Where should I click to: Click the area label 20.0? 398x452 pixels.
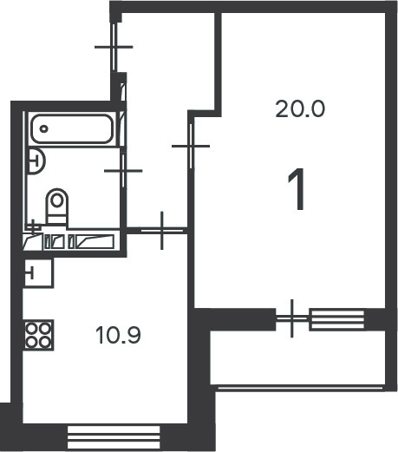300,108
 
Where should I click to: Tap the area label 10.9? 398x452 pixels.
119,335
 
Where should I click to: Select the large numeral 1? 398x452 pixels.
297,189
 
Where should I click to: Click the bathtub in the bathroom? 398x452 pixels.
71,128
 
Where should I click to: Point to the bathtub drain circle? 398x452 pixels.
44,129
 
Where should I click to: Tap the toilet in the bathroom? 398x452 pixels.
57,206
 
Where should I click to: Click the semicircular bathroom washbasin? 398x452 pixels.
36,161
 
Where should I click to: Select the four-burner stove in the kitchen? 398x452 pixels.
38,336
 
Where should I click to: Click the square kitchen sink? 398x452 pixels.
38,272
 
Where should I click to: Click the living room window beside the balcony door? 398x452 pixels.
336,319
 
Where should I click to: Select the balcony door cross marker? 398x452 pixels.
292,318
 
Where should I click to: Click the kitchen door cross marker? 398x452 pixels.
162,231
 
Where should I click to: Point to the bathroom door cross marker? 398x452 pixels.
123,171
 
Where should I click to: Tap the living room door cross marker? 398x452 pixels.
191,146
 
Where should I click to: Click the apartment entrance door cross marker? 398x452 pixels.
114,47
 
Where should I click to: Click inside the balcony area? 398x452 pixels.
297,357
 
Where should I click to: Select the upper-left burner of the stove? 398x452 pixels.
31,329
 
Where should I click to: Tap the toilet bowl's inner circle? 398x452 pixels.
57,200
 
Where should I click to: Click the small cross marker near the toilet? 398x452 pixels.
34,227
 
